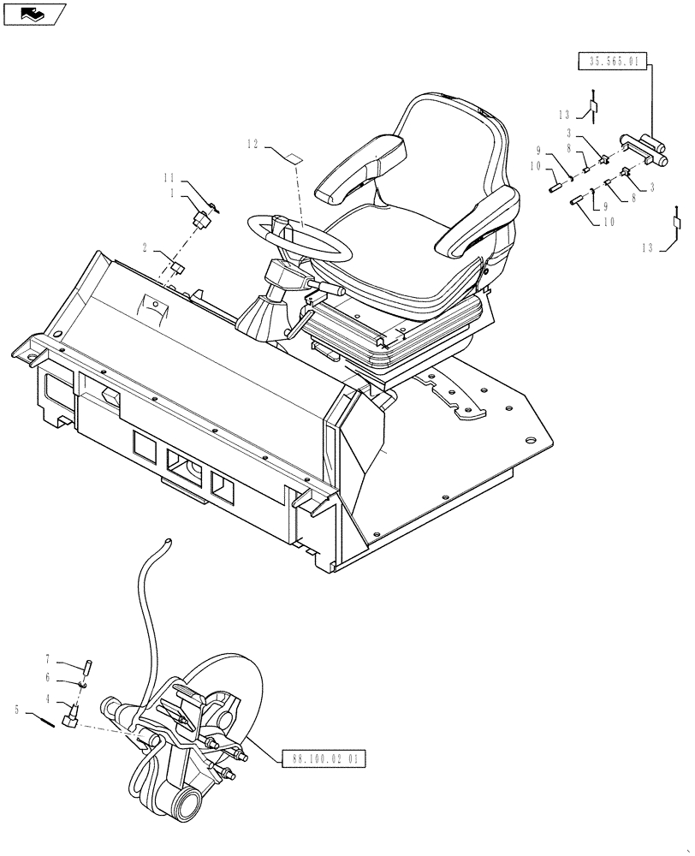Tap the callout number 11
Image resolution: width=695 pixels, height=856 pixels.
point(169,178)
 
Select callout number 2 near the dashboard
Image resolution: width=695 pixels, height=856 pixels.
point(146,247)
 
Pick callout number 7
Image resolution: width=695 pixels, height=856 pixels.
point(48,659)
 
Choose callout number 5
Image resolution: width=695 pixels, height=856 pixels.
point(16,710)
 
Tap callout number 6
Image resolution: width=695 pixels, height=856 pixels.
point(48,679)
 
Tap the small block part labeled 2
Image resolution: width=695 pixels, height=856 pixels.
point(179,268)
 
